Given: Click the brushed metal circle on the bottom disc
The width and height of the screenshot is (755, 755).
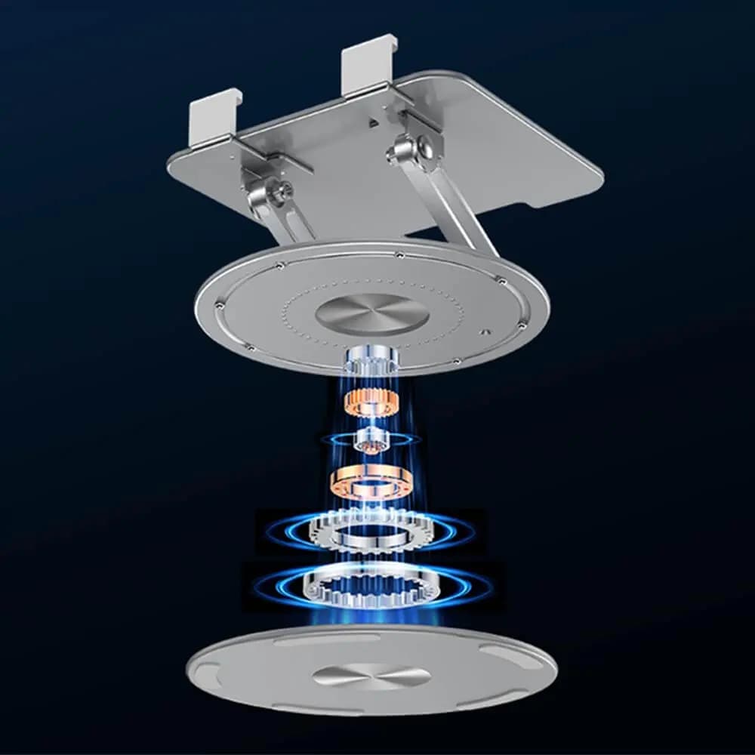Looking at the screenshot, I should (x=371, y=675).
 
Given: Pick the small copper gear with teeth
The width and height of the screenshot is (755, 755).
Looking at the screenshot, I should (x=371, y=402).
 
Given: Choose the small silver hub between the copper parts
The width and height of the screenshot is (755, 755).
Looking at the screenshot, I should (x=371, y=440).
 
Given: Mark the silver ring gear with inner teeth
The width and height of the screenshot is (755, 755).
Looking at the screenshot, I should (x=370, y=587).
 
